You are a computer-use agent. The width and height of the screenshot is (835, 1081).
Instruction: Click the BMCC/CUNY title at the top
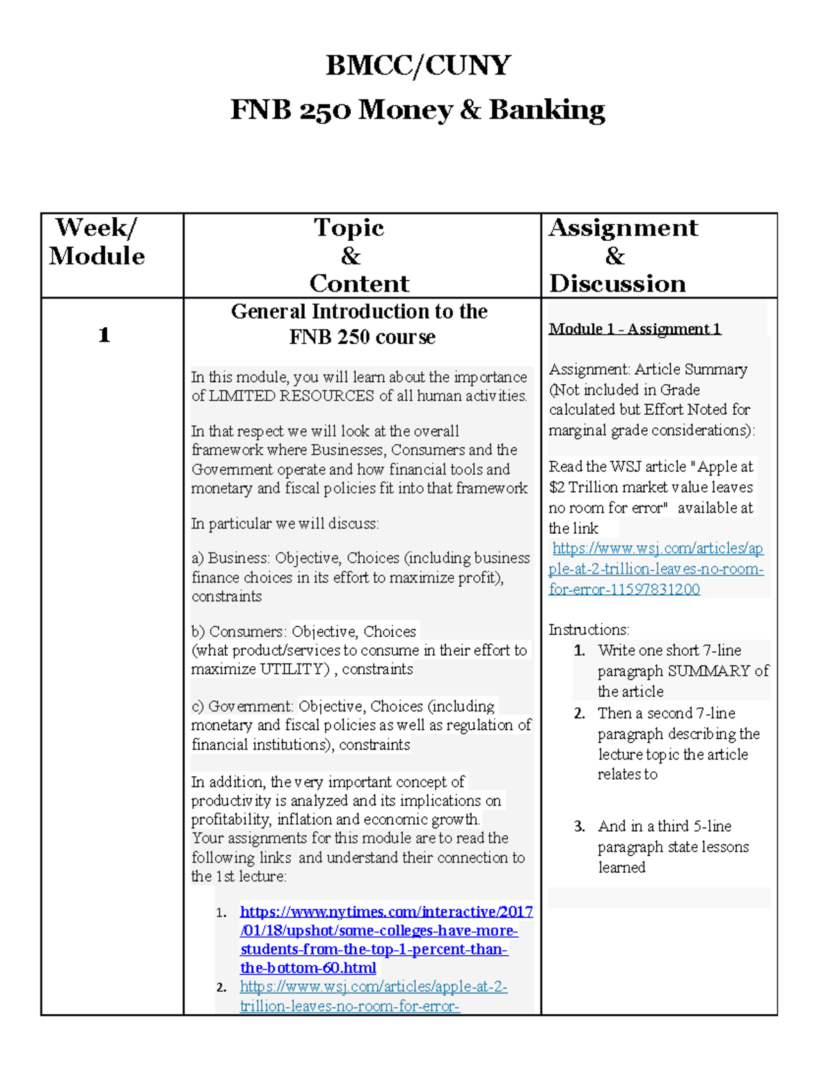click(418, 65)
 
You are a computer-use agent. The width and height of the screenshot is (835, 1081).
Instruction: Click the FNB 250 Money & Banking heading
click(417, 110)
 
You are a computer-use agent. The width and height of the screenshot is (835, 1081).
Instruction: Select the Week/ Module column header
click(97, 242)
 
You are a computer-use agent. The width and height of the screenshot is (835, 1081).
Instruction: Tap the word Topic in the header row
click(349, 228)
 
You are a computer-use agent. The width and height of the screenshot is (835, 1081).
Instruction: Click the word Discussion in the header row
click(617, 283)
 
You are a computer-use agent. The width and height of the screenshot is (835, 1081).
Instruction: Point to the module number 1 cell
click(104, 335)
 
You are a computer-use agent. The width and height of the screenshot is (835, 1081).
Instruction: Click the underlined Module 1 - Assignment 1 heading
click(635, 329)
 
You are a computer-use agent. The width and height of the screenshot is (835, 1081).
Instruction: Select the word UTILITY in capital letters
click(292, 670)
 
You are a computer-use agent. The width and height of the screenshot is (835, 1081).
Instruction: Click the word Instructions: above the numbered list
click(589, 630)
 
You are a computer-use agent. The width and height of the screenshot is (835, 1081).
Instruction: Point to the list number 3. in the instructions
click(580, 826)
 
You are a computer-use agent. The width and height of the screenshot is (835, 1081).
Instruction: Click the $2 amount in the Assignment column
click(557, 487)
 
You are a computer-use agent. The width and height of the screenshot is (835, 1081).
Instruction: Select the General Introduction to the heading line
click(359, 311)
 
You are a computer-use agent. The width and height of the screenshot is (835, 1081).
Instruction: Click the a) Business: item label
click(231, 558)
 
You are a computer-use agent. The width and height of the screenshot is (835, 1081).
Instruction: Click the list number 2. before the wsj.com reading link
click(221, 987)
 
